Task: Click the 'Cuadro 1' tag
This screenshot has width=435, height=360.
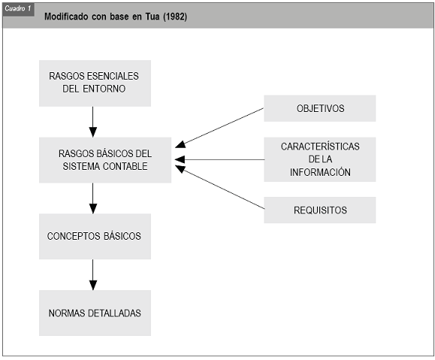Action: (18, 9)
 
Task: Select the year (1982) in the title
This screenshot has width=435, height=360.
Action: (175, 17)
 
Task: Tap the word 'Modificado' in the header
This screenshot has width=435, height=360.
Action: (66, 17)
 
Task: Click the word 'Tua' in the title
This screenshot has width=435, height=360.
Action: (153, 17)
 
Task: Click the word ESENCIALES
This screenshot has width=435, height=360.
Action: (113, 76)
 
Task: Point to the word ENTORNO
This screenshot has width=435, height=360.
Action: (104, 89)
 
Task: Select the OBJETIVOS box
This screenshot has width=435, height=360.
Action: (320, 108)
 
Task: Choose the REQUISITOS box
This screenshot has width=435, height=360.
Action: (320, 210)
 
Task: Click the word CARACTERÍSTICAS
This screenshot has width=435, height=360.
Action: (320, 147)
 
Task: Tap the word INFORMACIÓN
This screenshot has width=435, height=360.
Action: (320, 172)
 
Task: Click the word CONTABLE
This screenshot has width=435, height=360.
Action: (125, 166)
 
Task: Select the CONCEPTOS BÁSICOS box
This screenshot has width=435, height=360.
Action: (95, 236)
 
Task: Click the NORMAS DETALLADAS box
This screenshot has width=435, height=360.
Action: (95, 313)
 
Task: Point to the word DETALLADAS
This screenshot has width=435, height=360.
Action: (114, 313)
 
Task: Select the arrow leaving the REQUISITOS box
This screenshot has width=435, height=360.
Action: (219, 187)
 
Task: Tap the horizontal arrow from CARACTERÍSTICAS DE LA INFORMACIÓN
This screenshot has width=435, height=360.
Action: (219, 159)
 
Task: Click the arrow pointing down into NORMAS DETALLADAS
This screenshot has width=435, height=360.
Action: (93, 275)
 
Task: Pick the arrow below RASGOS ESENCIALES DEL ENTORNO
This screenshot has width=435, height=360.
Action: (93, 122)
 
